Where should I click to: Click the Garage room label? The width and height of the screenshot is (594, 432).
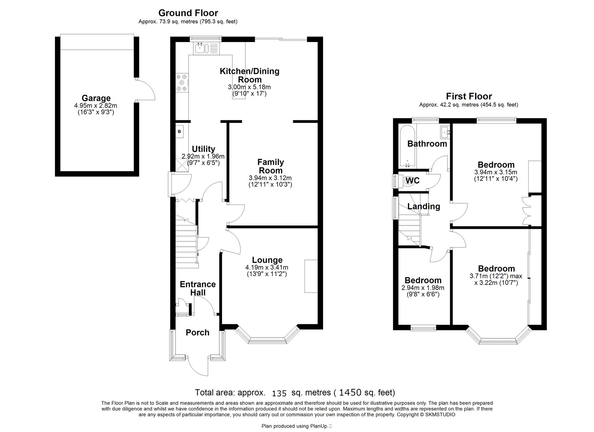tap(96, 98)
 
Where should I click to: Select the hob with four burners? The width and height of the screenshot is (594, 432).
tap(182, 82)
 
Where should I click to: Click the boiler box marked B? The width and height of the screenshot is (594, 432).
tap(180, 131)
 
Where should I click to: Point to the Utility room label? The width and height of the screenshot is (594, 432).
tap(203, 149)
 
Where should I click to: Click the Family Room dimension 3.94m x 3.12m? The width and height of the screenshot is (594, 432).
tap(270, 178)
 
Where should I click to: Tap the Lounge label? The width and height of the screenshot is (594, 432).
tap(267, 260)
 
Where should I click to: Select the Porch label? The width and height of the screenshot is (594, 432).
tap(198, 332)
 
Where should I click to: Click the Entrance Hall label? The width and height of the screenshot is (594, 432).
tap(198, 288)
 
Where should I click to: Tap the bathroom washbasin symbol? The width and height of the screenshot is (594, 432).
tap(446, 132)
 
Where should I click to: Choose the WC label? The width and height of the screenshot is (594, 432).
tap(413, 181)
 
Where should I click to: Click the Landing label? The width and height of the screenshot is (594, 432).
tap(424, 206)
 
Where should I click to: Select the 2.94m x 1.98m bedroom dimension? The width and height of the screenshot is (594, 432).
tap(423, 288)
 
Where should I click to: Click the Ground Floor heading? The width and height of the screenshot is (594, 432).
tap(188, 13)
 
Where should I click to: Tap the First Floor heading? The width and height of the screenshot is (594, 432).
tap(469, 96)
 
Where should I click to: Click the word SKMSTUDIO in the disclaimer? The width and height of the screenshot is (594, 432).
tap(440, 415)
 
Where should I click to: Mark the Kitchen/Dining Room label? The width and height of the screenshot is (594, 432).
tap(249, 75)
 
